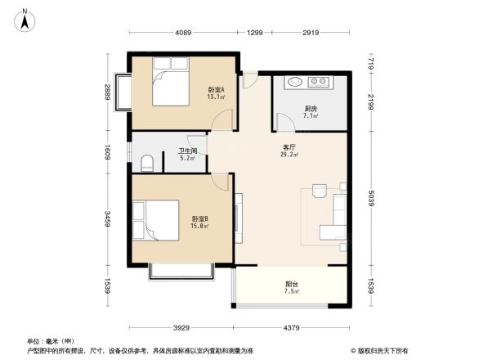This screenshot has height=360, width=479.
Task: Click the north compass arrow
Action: (x=26, y=19)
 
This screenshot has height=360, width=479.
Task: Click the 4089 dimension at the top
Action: (x=182, y=33)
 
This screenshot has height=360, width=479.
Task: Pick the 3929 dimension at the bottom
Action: (x=181, y=328)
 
